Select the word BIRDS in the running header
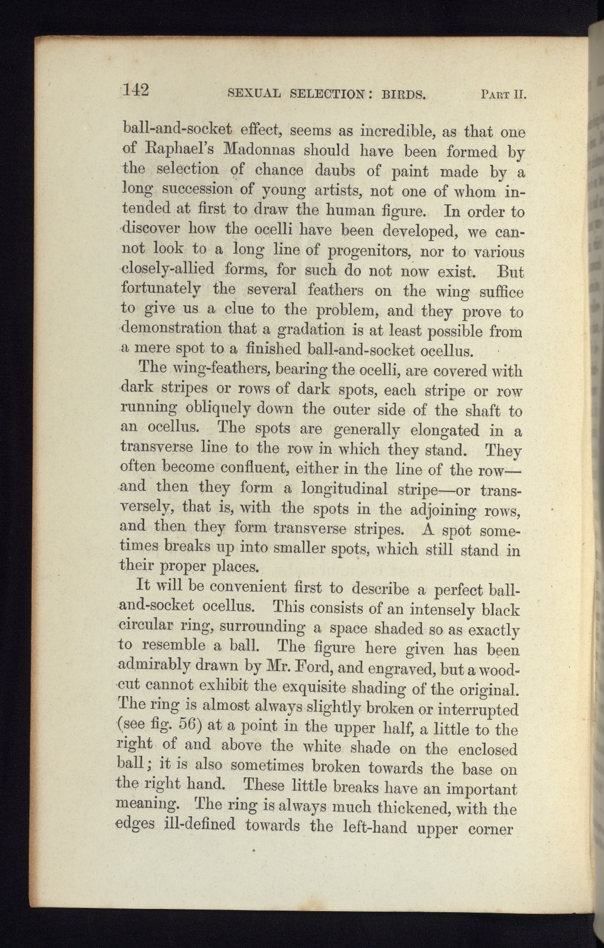[402, 95]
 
